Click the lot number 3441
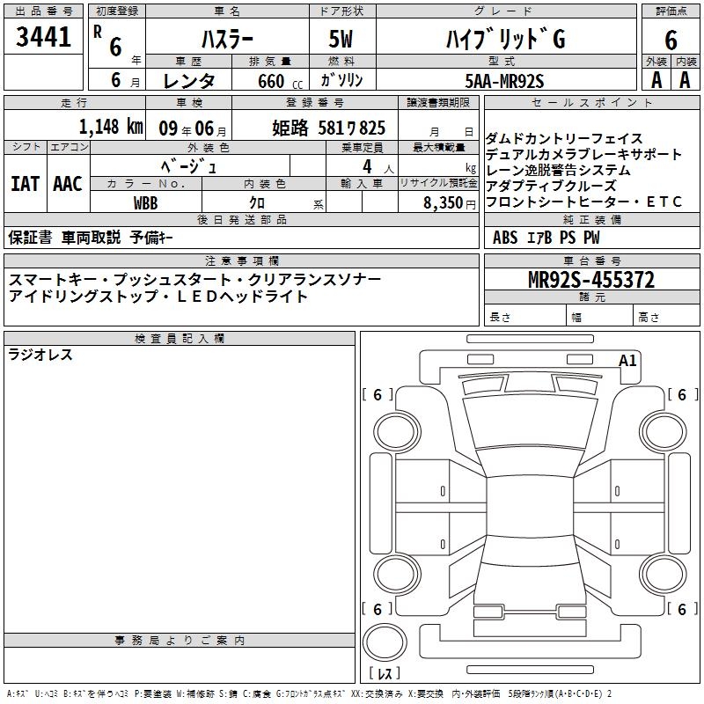coord(43,37)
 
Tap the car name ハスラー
coord(227,40)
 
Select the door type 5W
coord(341,39)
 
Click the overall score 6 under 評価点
coord(671,40)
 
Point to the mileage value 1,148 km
coord(111,127)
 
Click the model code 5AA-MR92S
coord(504,81)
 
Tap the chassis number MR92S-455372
coord(590,280)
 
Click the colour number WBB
coord(145,203)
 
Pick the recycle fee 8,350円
coord(450,203)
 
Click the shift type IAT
coord(25,184)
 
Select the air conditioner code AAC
coord(68,184)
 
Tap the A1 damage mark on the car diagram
coord(627,361)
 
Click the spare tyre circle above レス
coord(385,642)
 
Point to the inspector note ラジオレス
coord(40,355)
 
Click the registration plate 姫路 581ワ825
coord(328,128)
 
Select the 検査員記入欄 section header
coord(180,339)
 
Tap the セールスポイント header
coord(591,103)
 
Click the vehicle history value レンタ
coord(188,81)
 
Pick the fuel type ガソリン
coord(341,80)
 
